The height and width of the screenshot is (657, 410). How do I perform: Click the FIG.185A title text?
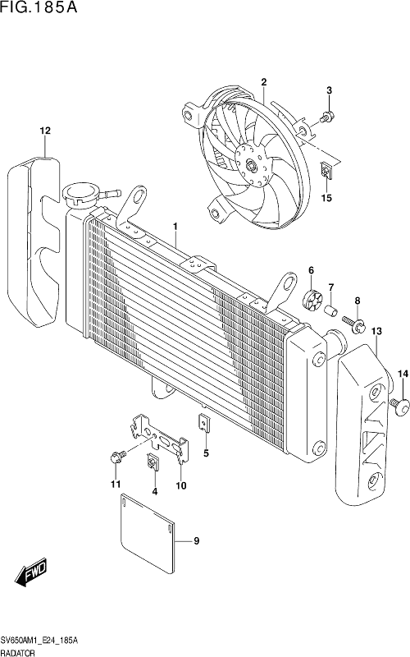[x=39, y=7]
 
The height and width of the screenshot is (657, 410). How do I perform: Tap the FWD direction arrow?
[x=32, y=572]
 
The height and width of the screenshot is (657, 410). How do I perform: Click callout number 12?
[x=45, y=131]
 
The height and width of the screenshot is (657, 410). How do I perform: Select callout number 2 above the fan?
[x=263, y=82]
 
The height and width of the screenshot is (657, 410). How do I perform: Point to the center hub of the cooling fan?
[x=251, y=164]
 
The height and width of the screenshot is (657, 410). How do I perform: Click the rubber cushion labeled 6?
[x=312, y=299]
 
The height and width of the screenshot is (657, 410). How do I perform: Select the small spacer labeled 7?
[x=331, y=311]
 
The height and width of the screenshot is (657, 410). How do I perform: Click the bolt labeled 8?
[x=353, y=324]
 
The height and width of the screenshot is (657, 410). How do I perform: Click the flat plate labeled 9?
[x=148, y=533]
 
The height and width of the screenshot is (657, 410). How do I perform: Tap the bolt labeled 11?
[x=117, y=456]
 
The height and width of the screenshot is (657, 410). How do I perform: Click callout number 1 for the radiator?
[x=175, y=227]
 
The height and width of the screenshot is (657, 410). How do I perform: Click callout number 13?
[x=376, y=331]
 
